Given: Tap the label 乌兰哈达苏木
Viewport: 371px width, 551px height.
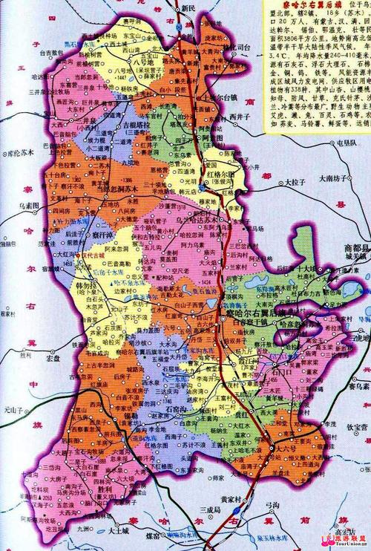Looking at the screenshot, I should [195, 221].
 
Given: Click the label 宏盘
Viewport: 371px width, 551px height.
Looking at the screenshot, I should [52, 358].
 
